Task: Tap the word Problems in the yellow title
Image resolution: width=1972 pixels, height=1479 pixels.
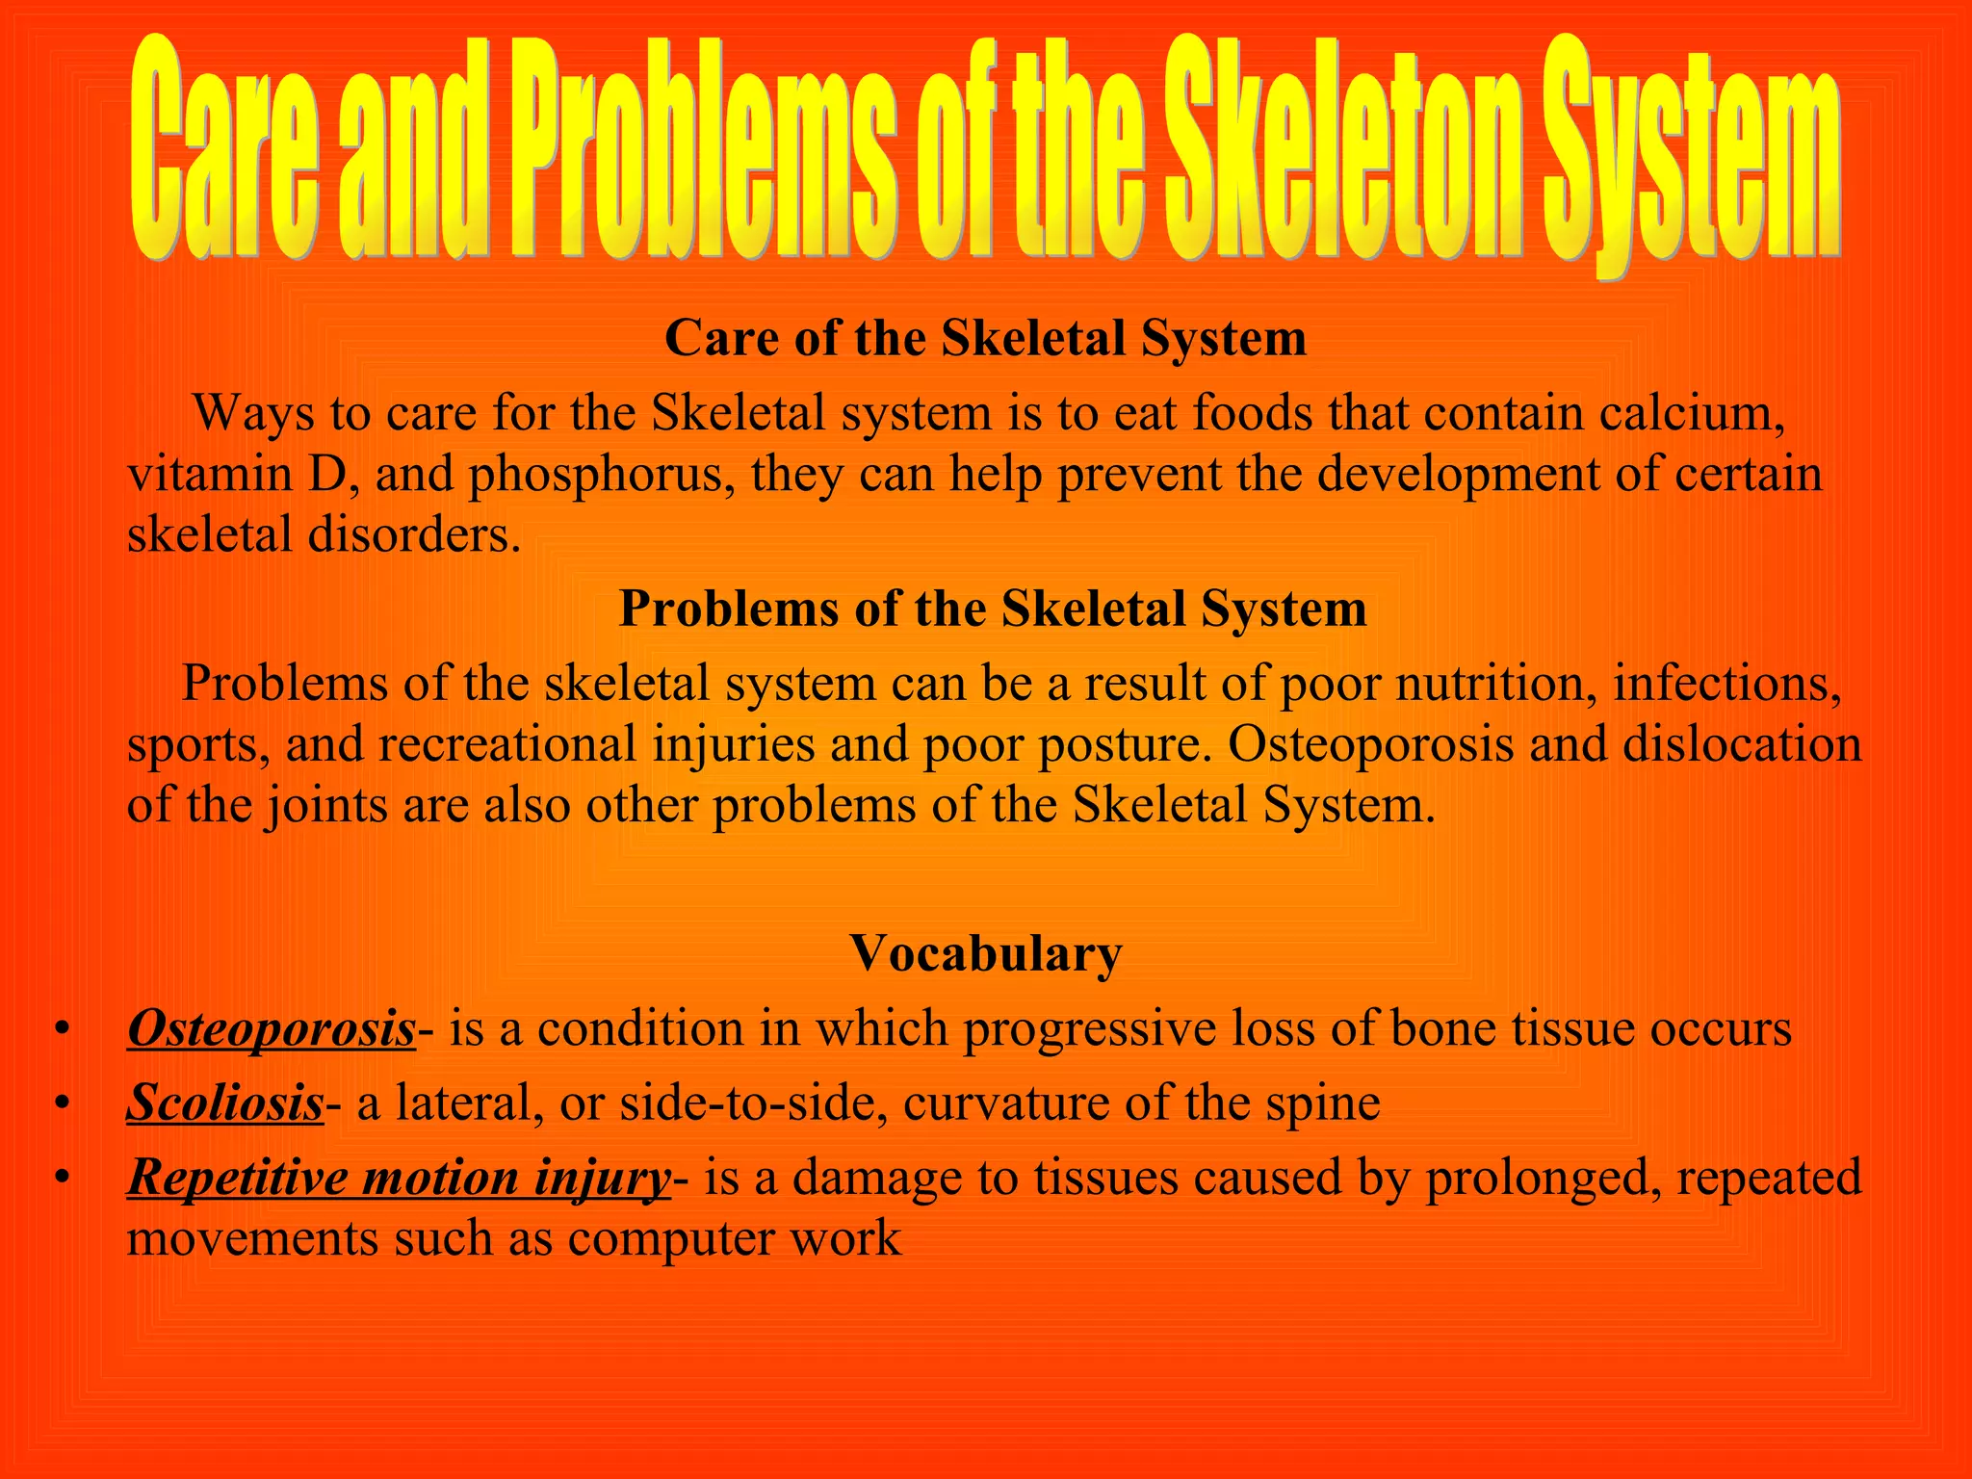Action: pyautogui.click(x=708, y=149)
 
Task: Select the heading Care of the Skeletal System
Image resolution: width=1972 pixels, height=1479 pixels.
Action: pyautogui.click(x=985, y=339)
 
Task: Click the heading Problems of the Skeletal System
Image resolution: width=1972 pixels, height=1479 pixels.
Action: pyautogui.click(x=992, y=610)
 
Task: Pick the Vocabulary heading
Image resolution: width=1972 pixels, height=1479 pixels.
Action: pyautogui.click(x=985, y=953)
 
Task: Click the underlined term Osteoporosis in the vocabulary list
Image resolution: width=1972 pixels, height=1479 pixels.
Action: pyautogui.click(x=272, y=1028)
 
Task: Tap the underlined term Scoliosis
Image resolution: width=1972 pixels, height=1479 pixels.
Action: pyautogui.click(x=225, y=1103)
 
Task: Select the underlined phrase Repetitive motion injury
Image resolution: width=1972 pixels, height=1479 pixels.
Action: pyautogui.click(x=399, y=1178)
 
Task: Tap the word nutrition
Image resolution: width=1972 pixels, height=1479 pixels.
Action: pyautogui.click(x=1491, y=685)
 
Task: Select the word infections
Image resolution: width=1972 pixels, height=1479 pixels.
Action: pyautogui.click(x=1727, y=685)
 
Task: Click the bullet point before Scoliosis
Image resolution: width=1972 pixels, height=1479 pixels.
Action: pyautogui.click(x=63, y=1103)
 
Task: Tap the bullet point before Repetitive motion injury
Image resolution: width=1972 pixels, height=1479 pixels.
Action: pyautogui.click(x=63, y=1178)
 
